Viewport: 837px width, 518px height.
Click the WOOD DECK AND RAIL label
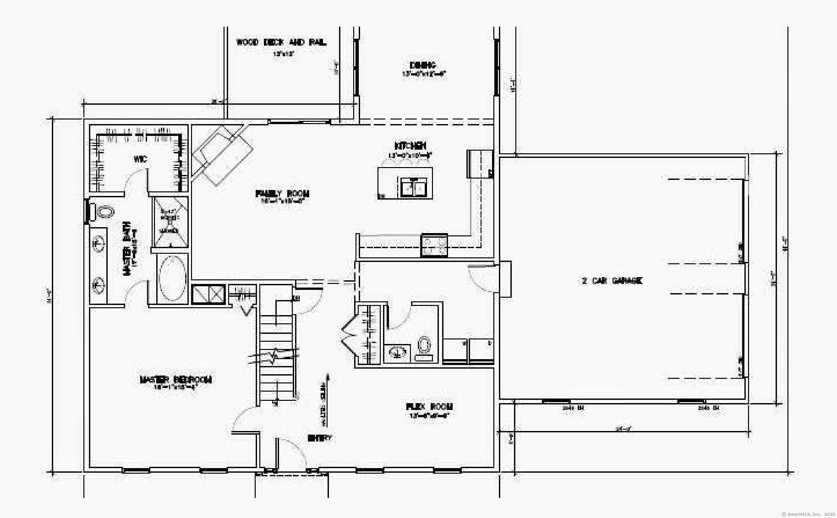click(x=281, y=42)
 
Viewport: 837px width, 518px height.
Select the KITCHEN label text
click(x=410, y=146)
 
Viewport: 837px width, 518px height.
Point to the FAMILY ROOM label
click(x=282, y=194)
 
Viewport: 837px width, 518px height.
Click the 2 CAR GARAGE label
click(x=612, y=281)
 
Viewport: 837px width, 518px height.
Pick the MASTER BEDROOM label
click(x=175, y=380)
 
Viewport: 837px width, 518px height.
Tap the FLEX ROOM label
click(x=429, y=407)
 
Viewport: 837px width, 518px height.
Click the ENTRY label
click(x=319, y=438)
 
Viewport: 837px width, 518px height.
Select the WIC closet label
click(x=140, y=159)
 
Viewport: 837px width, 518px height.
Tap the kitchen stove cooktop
click(x=434, y=245)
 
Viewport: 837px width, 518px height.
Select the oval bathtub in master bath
click(x=172, y=278)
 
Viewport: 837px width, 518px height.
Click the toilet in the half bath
click(x=424, y=345)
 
